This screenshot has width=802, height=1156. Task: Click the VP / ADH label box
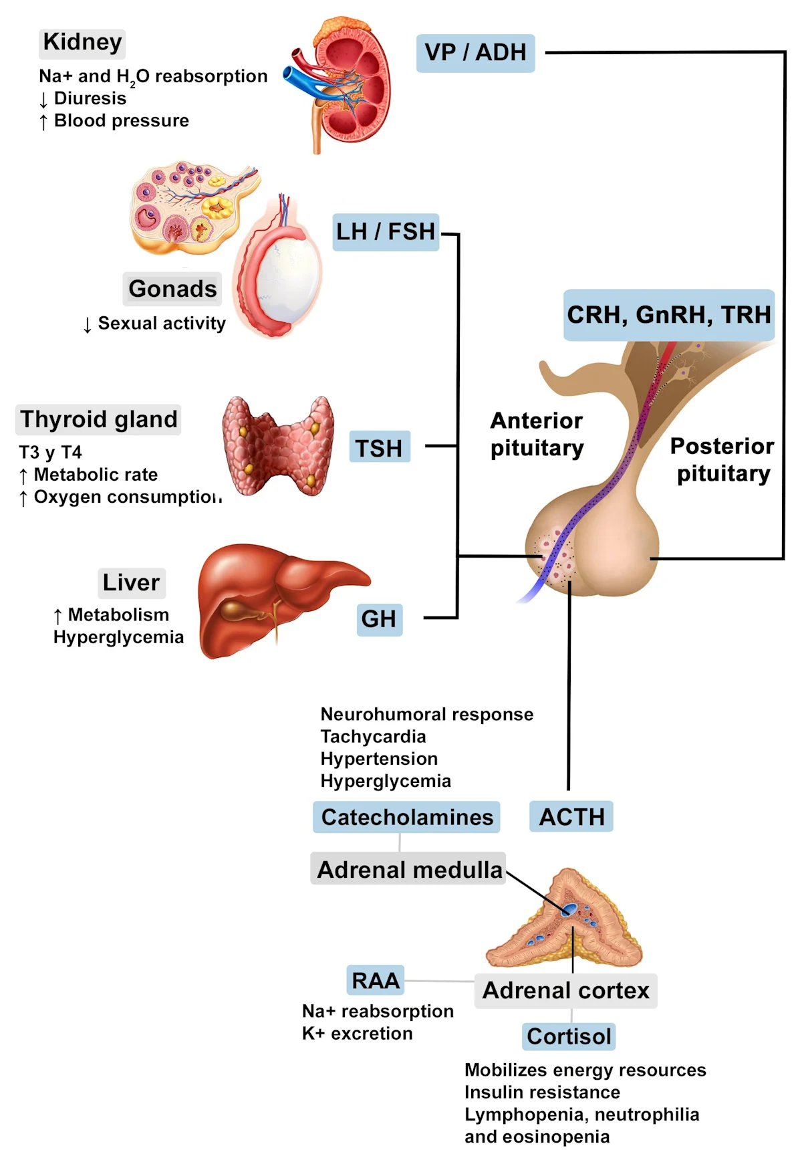(x=475, y=53)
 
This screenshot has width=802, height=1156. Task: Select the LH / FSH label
(x=386, y=232)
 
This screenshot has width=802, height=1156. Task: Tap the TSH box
(x=379, y=447)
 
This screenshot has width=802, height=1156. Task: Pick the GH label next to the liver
(x=379, y=618)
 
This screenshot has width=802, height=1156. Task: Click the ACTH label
(x=571, y=816)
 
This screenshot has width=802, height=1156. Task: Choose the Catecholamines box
(x=406, y=817)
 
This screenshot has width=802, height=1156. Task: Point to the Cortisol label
(x=569, y=1036)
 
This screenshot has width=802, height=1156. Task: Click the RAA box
(x=376, y=980)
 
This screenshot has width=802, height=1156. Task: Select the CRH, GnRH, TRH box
(x=668, y=315)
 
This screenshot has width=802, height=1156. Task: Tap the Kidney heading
(x=82, y=42)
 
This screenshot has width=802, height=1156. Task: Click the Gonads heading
(x=172, y=289)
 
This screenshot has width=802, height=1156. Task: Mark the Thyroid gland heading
(x=98, y=419)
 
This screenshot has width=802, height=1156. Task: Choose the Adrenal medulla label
(x=408, y=869)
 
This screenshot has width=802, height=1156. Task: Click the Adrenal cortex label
(x=565, y=991)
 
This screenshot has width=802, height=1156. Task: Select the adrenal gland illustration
(x=565, y=919)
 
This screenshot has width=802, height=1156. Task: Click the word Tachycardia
(x=373, y=736)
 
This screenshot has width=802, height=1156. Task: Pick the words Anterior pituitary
(x=537, y=434)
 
